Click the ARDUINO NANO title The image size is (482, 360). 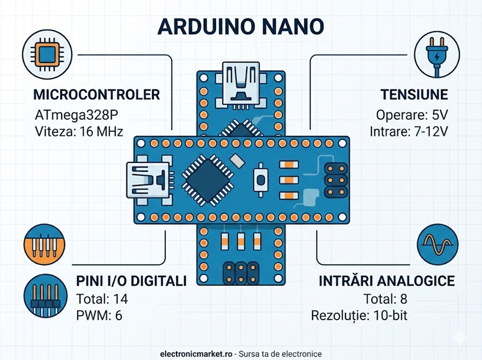[241, 27]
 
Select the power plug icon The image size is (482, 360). [437, 56]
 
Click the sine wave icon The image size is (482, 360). [437, 244]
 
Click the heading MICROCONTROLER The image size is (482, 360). [97, 95]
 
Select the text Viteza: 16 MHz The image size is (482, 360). [79, 131]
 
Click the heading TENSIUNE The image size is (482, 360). [414, 95]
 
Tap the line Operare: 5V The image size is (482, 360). [412, 115]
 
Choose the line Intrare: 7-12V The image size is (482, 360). [409, 131]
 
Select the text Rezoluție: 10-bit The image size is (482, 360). [359, 315]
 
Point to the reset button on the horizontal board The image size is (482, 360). [259, 179]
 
